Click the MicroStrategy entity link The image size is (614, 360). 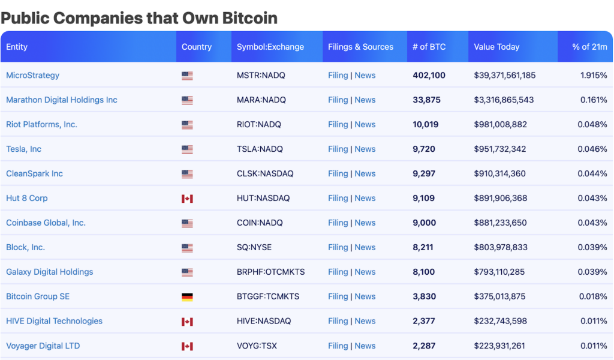pos(32,75)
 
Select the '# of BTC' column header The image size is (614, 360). pos(429,47)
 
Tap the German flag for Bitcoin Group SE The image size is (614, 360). pos(187,297)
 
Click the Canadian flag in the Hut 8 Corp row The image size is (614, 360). pos(187,199)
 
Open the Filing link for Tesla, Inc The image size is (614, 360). pos(338,149)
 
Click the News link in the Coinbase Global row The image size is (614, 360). pos(365,223)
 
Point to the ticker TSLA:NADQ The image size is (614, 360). pos(260,149)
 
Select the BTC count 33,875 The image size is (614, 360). pos(426,100)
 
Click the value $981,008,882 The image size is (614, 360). pos(500,124)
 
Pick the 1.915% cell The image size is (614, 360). pos(593,75)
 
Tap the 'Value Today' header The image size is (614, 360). pos(496,47)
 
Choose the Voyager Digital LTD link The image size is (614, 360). pos(43,346)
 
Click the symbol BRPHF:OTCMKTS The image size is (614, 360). pos(270,272)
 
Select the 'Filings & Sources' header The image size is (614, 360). pos(360,47)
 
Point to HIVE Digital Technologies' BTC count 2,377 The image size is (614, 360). pos(424,321)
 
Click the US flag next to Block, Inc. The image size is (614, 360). pos(187,248)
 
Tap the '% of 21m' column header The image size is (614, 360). pos(589,47)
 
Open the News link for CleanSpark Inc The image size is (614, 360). pos(365,173)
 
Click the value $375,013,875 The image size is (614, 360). pos(499,296)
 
